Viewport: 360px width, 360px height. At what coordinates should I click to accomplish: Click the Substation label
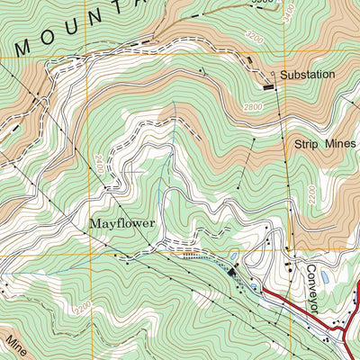pos(307,74)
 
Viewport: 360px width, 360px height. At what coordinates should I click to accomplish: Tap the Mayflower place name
pos(121,221)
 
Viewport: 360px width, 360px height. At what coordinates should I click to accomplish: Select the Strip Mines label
pos(325,143)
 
